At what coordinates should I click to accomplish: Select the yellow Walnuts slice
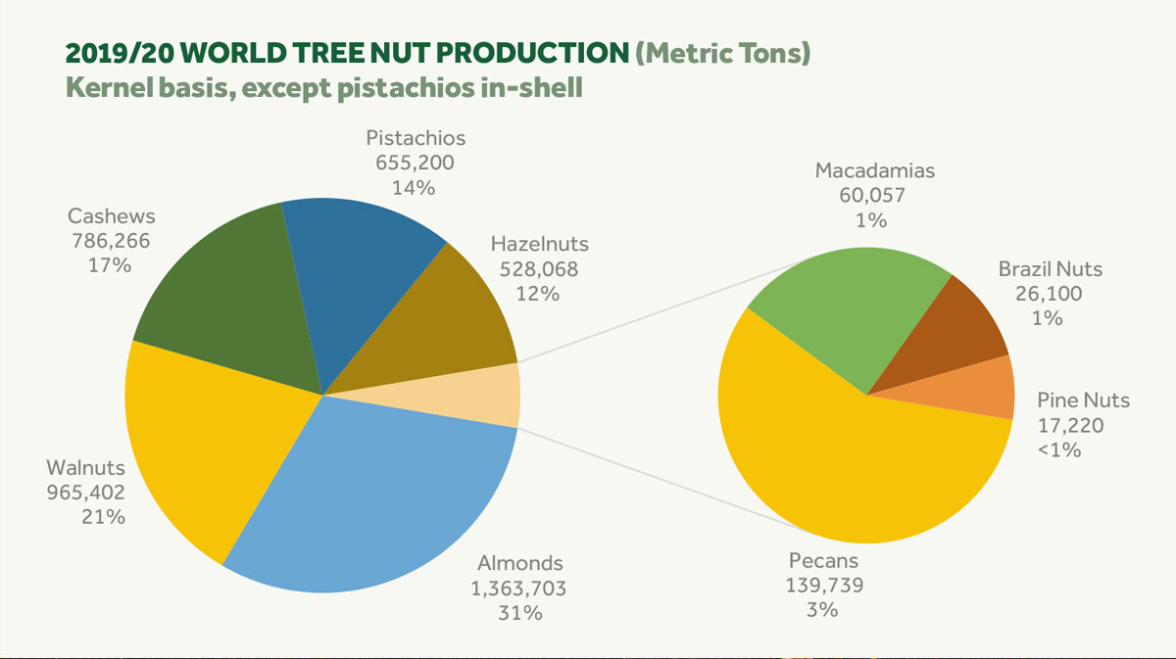click(x=216, y=441)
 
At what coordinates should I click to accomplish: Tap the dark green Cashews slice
click(x=225, y=294)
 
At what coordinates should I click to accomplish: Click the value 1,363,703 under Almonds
click(x=521, y=588)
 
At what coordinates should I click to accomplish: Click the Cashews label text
click(x=111, y=215)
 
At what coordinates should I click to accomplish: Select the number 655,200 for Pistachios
click(x=415, y=163)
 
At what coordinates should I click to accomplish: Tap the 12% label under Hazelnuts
click(x=539, y=293)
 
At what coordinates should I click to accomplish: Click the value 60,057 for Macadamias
click(x=872, y=195)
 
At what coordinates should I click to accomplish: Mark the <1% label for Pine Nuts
click(x=1059, y=450)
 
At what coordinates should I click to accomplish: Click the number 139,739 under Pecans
click(x=823, y=585)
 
